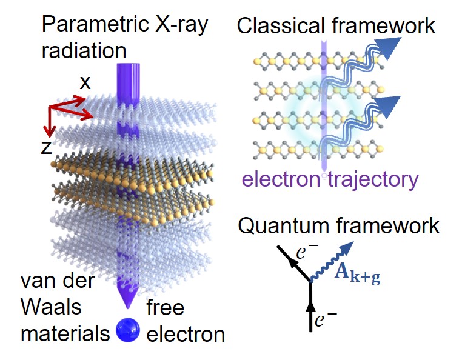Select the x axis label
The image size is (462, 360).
[x=85, y=83]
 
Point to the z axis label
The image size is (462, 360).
[x=47, y=148]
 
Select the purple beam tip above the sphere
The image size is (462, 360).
[x=127, y=302]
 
